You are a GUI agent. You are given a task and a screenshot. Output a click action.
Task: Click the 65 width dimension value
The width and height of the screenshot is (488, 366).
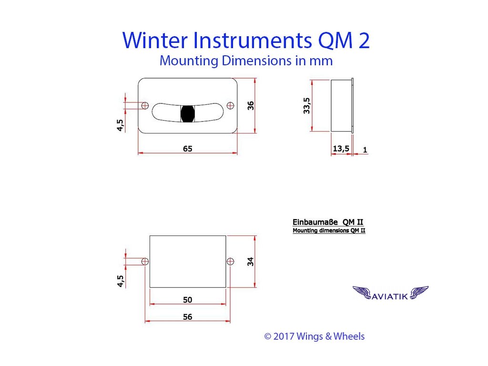(187, 149)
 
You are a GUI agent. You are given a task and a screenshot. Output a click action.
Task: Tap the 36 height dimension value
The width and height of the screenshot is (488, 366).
(251, 106)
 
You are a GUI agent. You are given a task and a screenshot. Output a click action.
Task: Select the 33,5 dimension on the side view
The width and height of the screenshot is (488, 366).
(306, 105)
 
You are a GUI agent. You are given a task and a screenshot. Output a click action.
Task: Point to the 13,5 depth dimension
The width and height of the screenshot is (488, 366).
(341, 149)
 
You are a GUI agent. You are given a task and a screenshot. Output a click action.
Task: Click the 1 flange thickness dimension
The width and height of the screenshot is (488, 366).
(365, 150)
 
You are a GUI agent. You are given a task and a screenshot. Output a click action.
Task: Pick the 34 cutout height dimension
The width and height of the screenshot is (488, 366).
(251, 262)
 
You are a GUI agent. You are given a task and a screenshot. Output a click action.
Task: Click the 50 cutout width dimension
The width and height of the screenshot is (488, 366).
(187, 300)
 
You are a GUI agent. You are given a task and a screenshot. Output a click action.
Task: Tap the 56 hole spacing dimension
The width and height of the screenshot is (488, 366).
(187, 317)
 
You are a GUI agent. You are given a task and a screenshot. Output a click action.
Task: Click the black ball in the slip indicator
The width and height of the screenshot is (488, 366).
(188, 113)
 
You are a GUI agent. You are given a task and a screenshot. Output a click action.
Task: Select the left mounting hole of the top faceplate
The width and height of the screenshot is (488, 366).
(145, 105)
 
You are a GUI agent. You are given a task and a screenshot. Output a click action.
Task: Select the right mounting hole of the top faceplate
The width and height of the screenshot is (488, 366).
(230, 105)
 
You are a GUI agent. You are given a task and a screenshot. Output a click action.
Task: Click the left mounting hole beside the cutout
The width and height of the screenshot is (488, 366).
(145, 262)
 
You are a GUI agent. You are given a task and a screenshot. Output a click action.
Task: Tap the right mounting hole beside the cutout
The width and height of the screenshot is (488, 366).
(230, 262)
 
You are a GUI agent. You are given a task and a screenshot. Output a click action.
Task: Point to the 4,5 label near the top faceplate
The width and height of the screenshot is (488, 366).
(120, 125)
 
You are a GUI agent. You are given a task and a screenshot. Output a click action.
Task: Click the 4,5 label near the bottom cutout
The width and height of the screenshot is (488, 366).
(120, 281)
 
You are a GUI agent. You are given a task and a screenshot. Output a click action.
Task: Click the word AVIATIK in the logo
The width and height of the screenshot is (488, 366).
(390, 296)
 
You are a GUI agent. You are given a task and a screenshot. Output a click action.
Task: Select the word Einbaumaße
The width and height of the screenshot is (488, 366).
(315, 222)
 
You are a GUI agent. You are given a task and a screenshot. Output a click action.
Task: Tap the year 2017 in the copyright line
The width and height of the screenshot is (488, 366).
(284, 336)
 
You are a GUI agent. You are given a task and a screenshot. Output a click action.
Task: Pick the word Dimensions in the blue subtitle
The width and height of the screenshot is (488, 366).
(257, 61)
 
